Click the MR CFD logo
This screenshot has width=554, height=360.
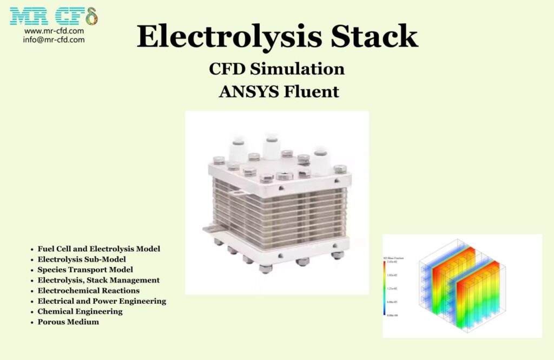pyautogui.click(x=54, y=17)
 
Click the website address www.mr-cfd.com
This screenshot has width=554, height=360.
pyautogui.click(x=54, y=31)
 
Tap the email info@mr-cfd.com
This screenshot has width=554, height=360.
pyautogui.click(x=54, y=40)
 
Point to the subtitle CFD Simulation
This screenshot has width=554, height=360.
pyautogui.click(x=276, y=69)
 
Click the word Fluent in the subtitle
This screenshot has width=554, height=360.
pyautogui.click(x=311, y=91)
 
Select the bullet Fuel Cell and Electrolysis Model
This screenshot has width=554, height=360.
pyautogui.click(x=98, y=249)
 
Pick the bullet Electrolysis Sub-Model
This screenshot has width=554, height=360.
pyautogui.click(x=82, y=259)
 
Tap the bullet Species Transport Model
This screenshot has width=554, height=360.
pyautogui.click(x=85, y=270)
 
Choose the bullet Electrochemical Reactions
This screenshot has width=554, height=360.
pyautogui.click(x=88, y=290)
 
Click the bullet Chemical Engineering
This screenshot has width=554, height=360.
pyautogui.click(x=80, y=311)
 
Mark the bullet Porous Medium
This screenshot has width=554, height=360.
pyautogui.click(x=68, y=322)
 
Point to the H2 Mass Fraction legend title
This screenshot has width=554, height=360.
pyautogui.click(x=393, y=258)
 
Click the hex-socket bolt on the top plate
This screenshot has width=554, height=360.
pyautogui.click(x=284, y=176)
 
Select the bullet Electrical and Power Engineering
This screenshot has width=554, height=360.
pyautogui.click(x=102, y=301)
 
